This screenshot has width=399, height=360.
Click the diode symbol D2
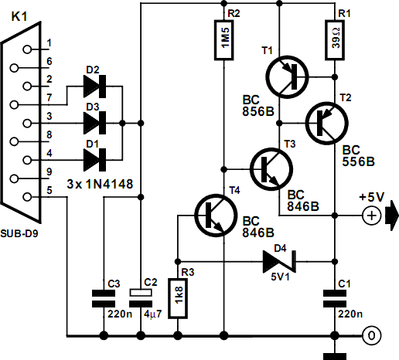94,87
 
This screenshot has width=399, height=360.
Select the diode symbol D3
94,123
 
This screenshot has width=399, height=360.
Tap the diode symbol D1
94,160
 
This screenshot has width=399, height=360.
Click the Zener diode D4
279,262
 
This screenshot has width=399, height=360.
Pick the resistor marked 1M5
224,40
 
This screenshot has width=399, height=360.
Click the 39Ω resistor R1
335,40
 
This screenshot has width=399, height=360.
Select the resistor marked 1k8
178,298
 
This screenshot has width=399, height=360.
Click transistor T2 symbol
327,123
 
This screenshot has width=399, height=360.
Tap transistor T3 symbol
271,169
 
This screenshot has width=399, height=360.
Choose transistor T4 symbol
216,216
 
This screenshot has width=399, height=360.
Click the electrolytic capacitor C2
141,298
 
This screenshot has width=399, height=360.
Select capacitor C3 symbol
104,298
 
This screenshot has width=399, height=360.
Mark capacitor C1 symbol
335,298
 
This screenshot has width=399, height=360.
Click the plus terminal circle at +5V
371,216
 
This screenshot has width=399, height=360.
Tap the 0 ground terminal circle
371,335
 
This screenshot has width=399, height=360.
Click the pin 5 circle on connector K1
27,197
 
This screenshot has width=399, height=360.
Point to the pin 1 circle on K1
27,49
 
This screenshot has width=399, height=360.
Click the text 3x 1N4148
100,184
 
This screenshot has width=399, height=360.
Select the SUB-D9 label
19,233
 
